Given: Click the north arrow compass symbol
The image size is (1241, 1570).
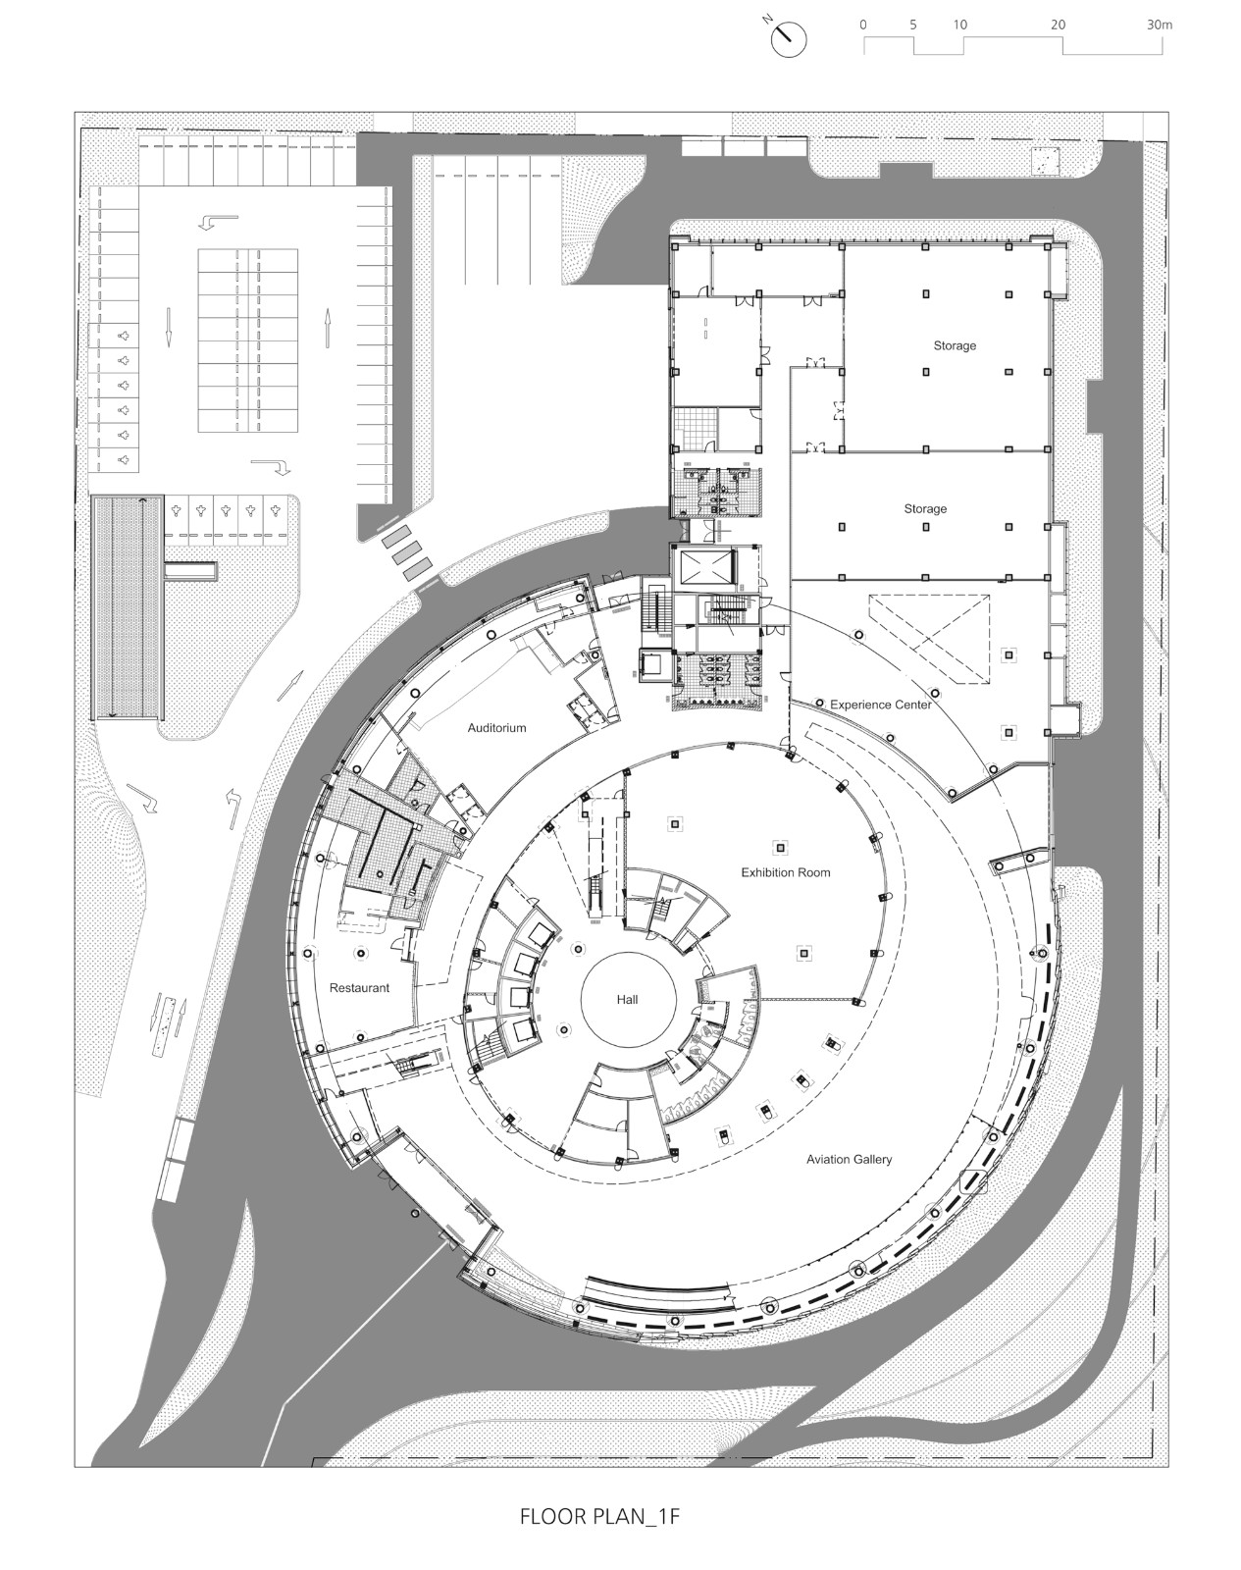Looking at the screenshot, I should [789, 38].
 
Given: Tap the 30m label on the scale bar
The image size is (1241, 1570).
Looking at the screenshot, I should [1159, 25].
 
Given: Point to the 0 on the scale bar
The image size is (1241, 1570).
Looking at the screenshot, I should [862, 25].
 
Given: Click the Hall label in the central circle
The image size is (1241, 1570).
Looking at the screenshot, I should [627, 999].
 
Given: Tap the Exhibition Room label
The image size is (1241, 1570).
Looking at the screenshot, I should [785, 872].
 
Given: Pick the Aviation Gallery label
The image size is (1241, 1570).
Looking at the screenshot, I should [849, 1159].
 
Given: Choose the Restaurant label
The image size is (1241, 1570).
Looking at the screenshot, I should [359, 988].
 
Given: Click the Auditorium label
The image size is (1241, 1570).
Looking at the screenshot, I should [496, 728].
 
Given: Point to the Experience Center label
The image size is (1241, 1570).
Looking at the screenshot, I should [880, 705].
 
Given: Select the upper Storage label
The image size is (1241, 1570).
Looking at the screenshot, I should [954, 345].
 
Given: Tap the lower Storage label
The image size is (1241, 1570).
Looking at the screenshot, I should [925, 508].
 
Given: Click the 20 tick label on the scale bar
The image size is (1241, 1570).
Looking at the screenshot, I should [1058, 25].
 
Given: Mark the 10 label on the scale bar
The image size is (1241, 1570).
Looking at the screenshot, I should [959, 25].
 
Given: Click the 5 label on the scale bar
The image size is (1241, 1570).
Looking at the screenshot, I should [912, 25].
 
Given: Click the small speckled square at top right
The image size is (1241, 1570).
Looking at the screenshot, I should [1047, 161].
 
